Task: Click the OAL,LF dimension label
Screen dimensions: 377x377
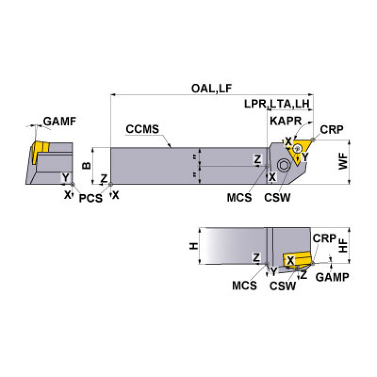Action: tap(211, 88)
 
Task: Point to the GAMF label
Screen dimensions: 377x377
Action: tap(60, 121)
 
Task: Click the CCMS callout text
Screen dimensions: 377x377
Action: tap(142, 130)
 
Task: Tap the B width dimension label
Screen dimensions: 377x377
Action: tap(87, 165)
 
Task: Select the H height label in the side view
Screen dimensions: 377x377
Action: tap(194, 245)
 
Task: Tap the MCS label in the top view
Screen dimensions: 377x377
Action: tap(239, 198)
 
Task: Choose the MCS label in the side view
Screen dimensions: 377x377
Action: tap(244, 285)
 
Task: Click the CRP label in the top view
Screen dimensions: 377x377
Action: tap(331, 130)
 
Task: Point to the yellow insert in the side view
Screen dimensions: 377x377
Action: tap(297, 260)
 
